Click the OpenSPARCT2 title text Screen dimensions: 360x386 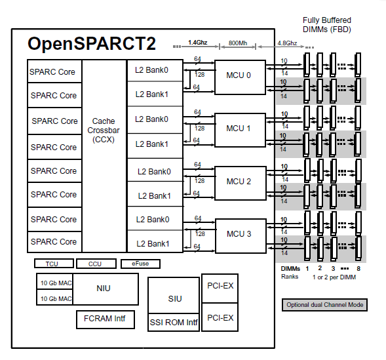[x=92, y=45]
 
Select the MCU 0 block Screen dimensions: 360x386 [x=239, y=75]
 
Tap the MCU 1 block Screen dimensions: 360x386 [x=239, y=129]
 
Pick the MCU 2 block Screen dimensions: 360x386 [x=239, y=182]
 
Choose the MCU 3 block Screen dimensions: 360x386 [x=239, y=234]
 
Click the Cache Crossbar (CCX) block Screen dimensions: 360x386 [x=104, y=130]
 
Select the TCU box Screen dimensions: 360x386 [x=51, y=264]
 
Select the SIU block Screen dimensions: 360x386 [x=174, y=299]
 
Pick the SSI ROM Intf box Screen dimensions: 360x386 [x=174, y=323]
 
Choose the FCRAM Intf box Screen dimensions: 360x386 [x=105, y=319]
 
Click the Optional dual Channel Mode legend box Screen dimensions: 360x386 [x=324, y=305]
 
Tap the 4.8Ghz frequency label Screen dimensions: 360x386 [x=286, y=43]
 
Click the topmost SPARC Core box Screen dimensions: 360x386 [x=53, y=71]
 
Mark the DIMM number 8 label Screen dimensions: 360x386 [x=358, y=268]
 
